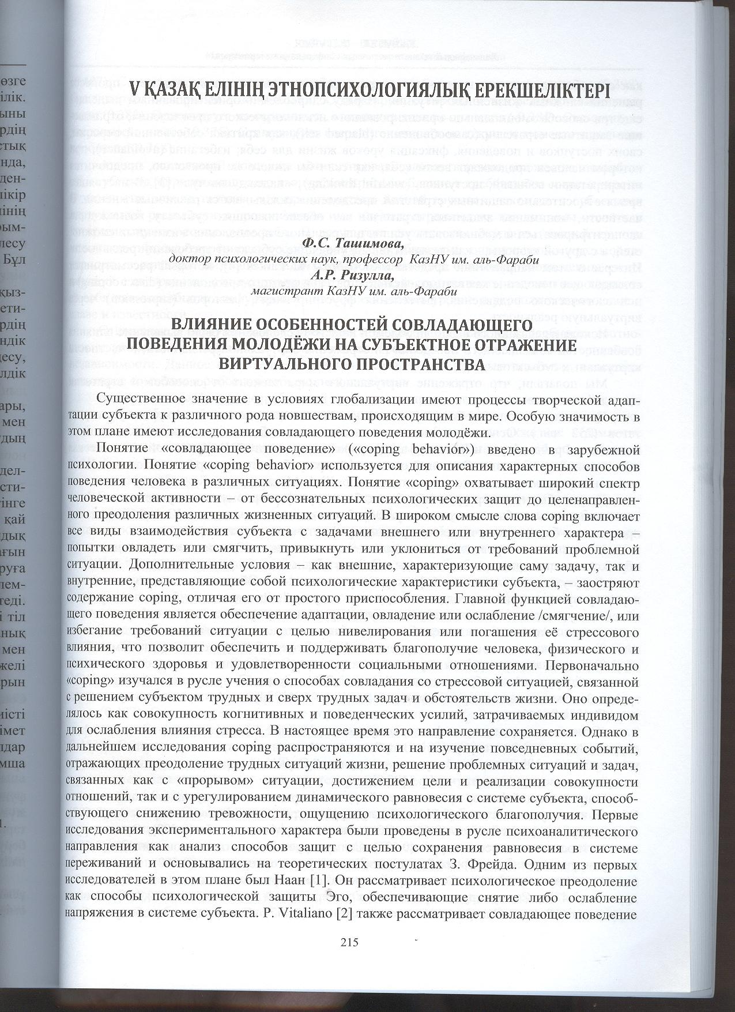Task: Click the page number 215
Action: click(350, 942)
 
